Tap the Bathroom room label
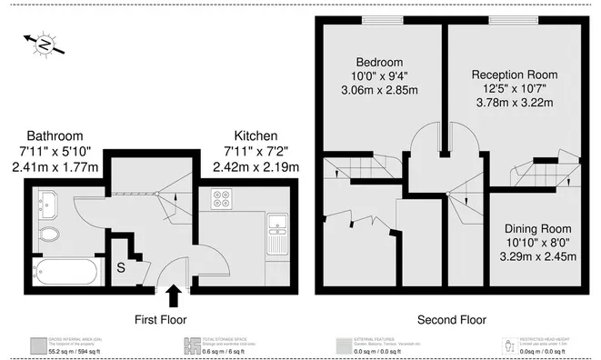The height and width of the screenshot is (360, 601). pyautogui.click(x=55, y=135)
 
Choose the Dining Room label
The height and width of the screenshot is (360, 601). pyautogui.click(x=538, y=227)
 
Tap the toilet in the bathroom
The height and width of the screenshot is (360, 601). pyautogui.click(x=50, y=236)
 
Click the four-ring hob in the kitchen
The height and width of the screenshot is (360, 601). pyautogui.click(x=222, y=200)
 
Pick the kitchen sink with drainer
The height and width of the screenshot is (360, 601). pyautogui.click(x=277, y=233)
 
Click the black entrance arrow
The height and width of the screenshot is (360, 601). pyautogui.click(x=174, y=295)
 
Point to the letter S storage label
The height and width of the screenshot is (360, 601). pyautogui.click(x=121, y=267)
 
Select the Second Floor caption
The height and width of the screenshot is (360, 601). pyautogui.click(x=451, y=319)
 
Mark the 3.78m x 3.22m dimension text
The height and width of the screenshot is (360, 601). pyautogui.click(x=514, y=105)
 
